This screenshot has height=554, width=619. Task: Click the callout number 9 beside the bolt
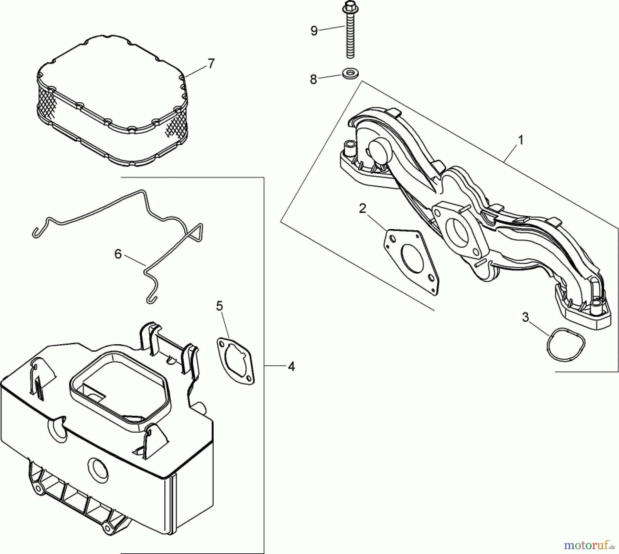click(x=314, y=31)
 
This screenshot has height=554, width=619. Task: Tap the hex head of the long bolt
click(x=348, y=6)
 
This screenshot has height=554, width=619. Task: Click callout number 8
click(x=313, y=79)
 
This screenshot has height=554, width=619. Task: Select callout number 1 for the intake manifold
click(x=521, y=140)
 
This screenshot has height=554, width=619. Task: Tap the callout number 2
click(x=362, y=208)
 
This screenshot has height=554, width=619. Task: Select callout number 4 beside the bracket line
click(x=291, y=367)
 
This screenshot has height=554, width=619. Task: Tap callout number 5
click(x=219, y=306)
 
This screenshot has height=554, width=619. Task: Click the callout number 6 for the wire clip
click(x=118, y=254)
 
